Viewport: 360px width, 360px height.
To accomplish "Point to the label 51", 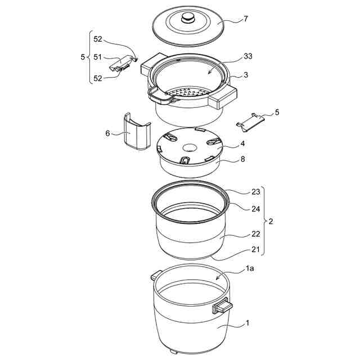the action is (x=98, y=56).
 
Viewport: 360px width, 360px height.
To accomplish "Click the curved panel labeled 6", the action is (x=134, y=132).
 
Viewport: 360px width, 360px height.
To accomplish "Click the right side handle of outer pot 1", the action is (x=221, y=307).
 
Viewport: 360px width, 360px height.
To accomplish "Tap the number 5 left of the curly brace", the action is (x=83, y=57).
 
